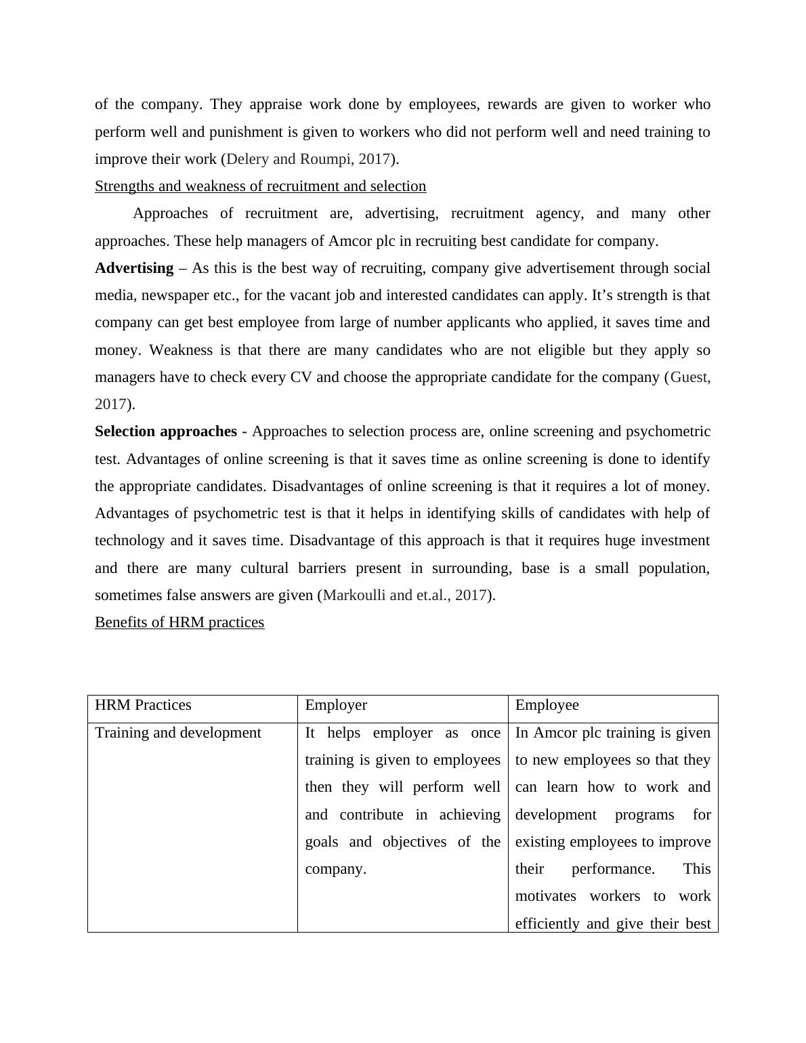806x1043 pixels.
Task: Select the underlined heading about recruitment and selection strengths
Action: pos(260,186)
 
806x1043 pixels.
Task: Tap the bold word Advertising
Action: pos(134,268)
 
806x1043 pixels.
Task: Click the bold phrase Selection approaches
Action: pos(166,431)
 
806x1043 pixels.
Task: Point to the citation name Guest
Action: pos(690,377)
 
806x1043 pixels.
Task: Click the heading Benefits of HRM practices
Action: pos(179,622)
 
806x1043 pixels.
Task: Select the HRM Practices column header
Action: pos(143,705)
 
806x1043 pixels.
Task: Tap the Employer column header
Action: pos(336,705)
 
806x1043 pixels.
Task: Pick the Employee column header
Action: pos(547,705)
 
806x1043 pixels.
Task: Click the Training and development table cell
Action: pos(177,733)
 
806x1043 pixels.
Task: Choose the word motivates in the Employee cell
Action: pos(545,896)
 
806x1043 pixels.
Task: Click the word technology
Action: pos(129,540)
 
